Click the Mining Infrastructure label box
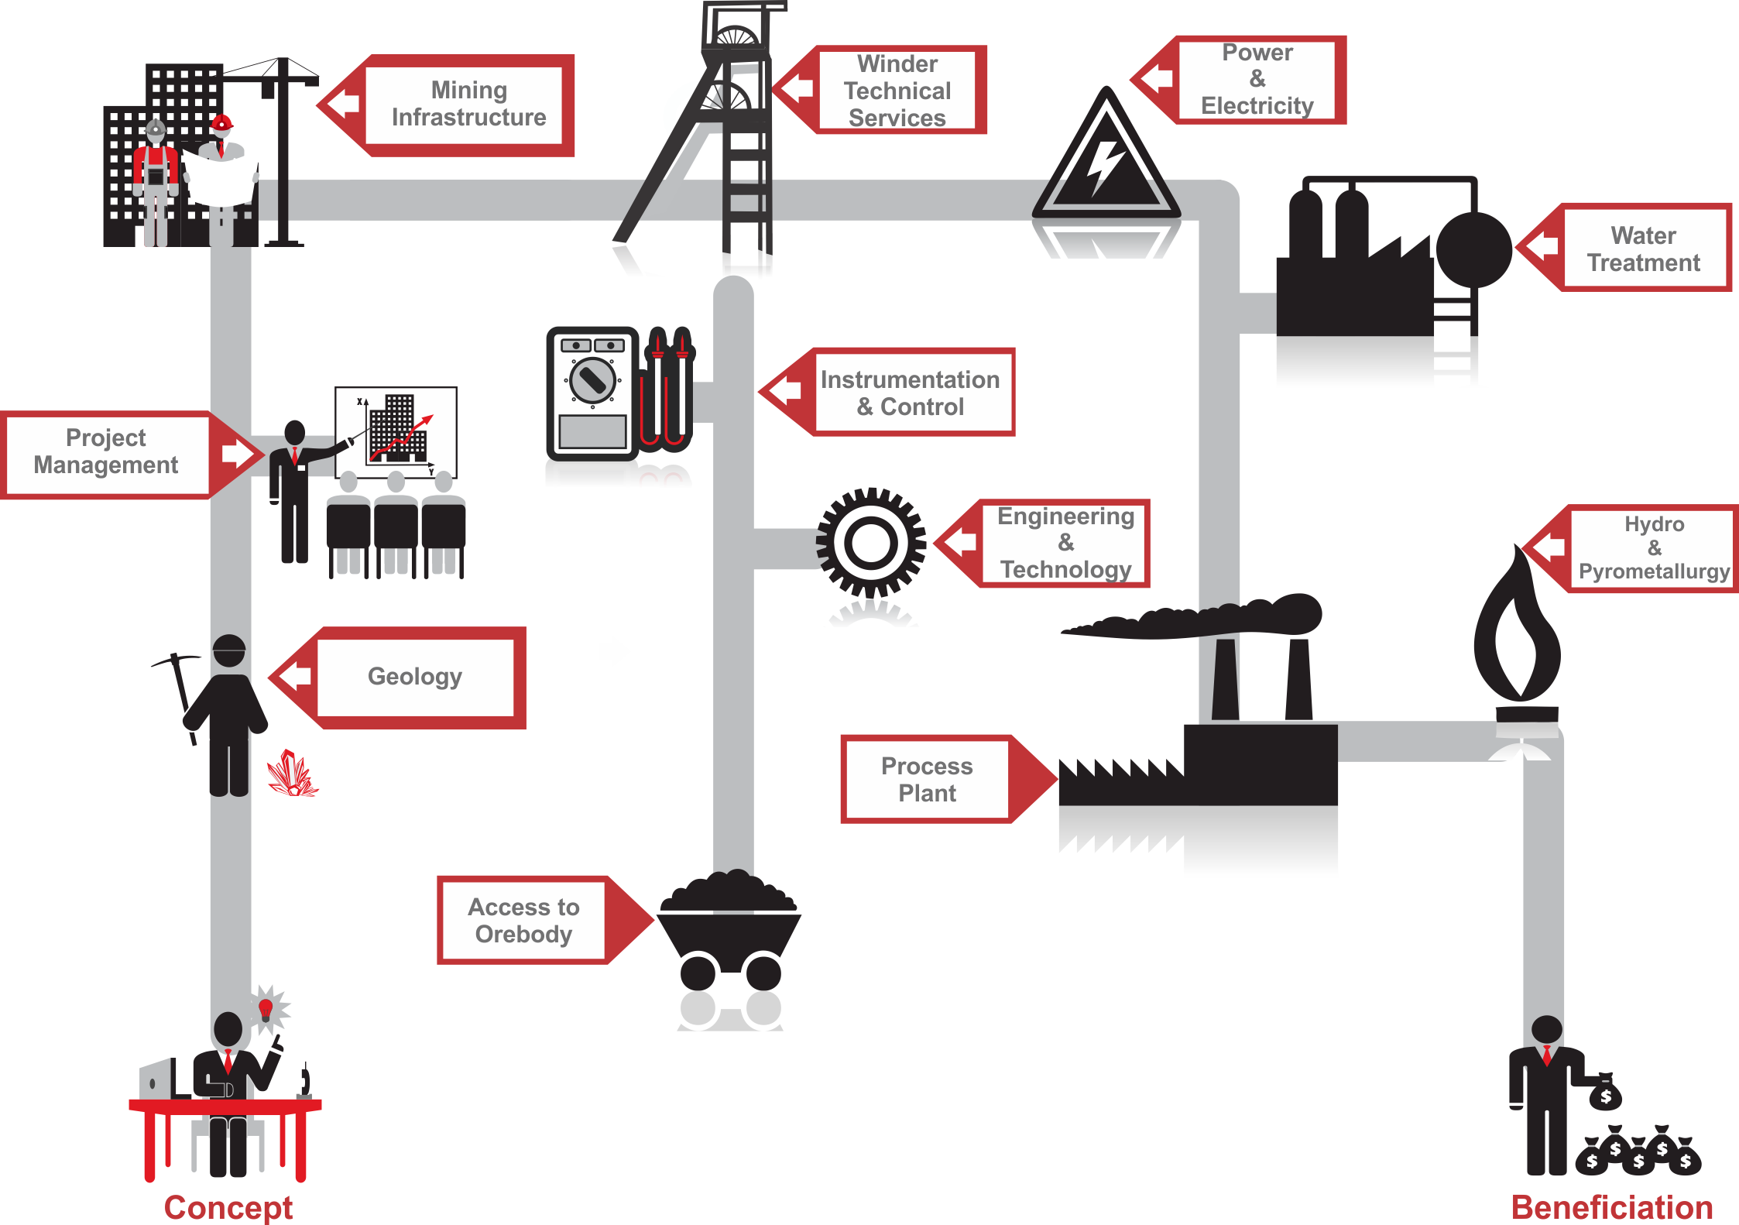coord(468,105)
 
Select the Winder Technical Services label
coord(897,91)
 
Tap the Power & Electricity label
coord(1257,79)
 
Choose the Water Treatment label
coord(1643,249)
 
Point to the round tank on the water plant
coord(1473,249)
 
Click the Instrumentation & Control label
coord(910,393)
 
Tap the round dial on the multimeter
coord(592,380)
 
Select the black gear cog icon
coord(871,542)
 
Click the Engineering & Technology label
coord(1065,543)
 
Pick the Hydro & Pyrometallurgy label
coord(1653,548)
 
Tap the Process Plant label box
coord(927,779)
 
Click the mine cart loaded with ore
coord(728,929)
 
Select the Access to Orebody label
coord(523,920)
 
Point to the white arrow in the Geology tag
coord(297,676)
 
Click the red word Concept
coord(228,1207)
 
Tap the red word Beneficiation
coord(1611,1207)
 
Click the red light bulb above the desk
coord(266,1008)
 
